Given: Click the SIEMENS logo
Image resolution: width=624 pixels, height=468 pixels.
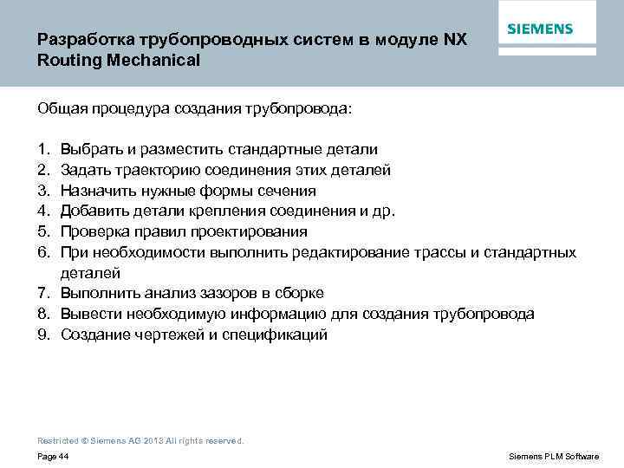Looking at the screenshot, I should click(540, 29).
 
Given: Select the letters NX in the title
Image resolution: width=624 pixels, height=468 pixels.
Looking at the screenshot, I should click(456, 41).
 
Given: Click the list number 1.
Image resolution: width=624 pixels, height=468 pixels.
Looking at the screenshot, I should click(42, 150).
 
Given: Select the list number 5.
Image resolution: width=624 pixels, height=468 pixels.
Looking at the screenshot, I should click(42, 231).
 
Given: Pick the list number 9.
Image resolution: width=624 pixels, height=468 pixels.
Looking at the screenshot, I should click(42, 335).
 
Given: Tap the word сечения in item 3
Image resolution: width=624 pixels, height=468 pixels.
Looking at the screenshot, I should click(286, 191).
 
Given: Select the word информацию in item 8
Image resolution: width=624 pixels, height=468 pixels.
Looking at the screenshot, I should click(263, 314).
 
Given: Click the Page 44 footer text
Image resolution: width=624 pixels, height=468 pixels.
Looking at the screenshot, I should click(54, 456).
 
